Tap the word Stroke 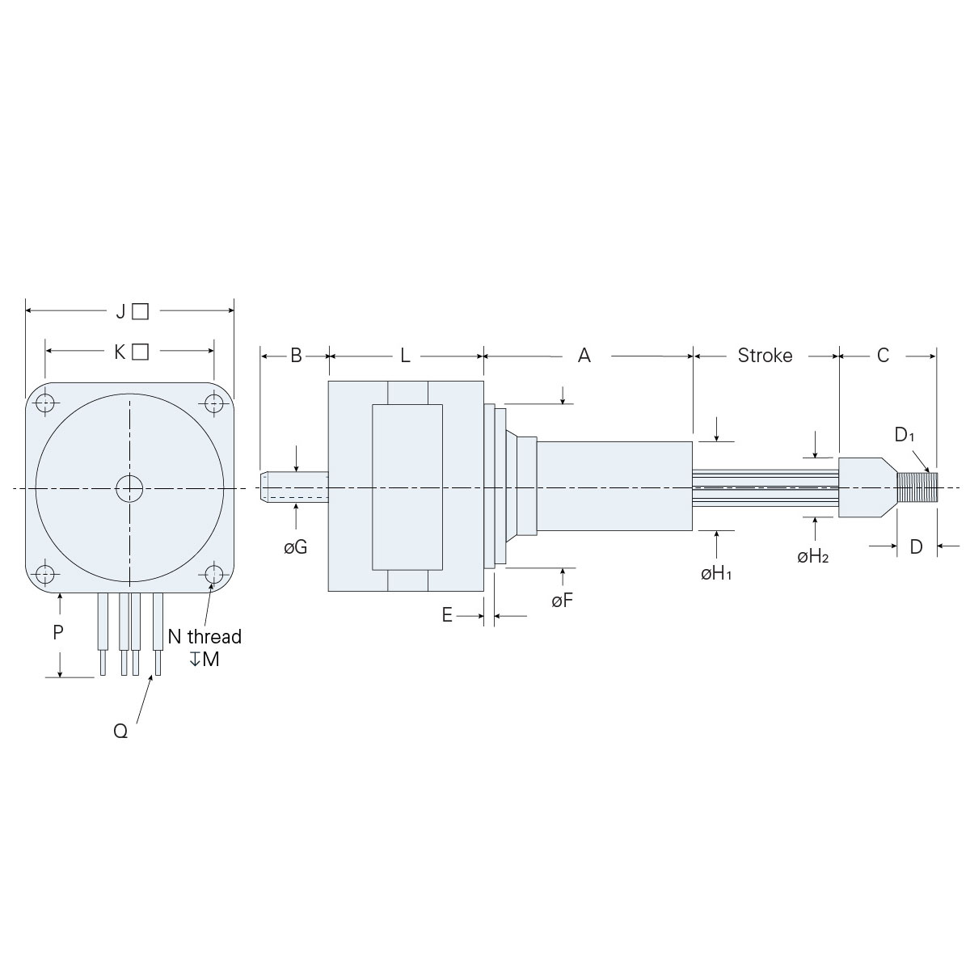click(x=765, y=356)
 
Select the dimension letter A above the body click(x=584, y=356)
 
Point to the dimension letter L click(x=405, y=356)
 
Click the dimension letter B click(x=296, y=356)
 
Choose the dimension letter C click(x=883, y=356)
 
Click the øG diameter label click(x=295, y=547)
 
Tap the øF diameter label click(x=563, y=601)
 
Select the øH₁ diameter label click(x=716, y=574)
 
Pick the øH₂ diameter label click(x=813, y=556)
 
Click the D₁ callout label click(x=905, y=435)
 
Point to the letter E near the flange click(x=447, y=616)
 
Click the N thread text click(x=205, y=636)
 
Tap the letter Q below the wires click(x=120, y=731)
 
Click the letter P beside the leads click(x=58, y=633)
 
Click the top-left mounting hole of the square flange click(x=46, y=403)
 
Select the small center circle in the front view click(x=129, y=488)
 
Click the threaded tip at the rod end click(x=916, y=488)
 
